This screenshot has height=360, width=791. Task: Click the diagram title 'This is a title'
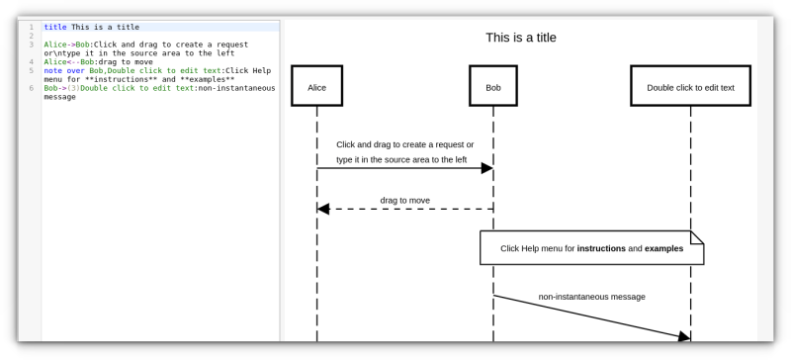520,38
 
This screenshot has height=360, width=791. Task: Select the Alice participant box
316,87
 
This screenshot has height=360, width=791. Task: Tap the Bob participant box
493,87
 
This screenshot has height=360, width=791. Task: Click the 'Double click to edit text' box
690,87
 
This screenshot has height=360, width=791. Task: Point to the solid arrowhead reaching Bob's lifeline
486,169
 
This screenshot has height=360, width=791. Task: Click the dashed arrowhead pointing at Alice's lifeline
323,209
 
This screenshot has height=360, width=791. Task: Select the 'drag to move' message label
404,200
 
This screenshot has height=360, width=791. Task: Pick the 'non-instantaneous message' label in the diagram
591,296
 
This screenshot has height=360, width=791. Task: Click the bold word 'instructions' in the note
601,248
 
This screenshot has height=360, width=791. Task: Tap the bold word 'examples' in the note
663,248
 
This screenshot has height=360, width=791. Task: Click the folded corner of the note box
697,237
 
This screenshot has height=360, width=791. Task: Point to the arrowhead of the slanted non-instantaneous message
682,337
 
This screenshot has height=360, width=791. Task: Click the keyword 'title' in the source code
55,27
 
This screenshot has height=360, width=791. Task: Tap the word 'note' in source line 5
52,70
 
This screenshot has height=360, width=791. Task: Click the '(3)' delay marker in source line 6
73,87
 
